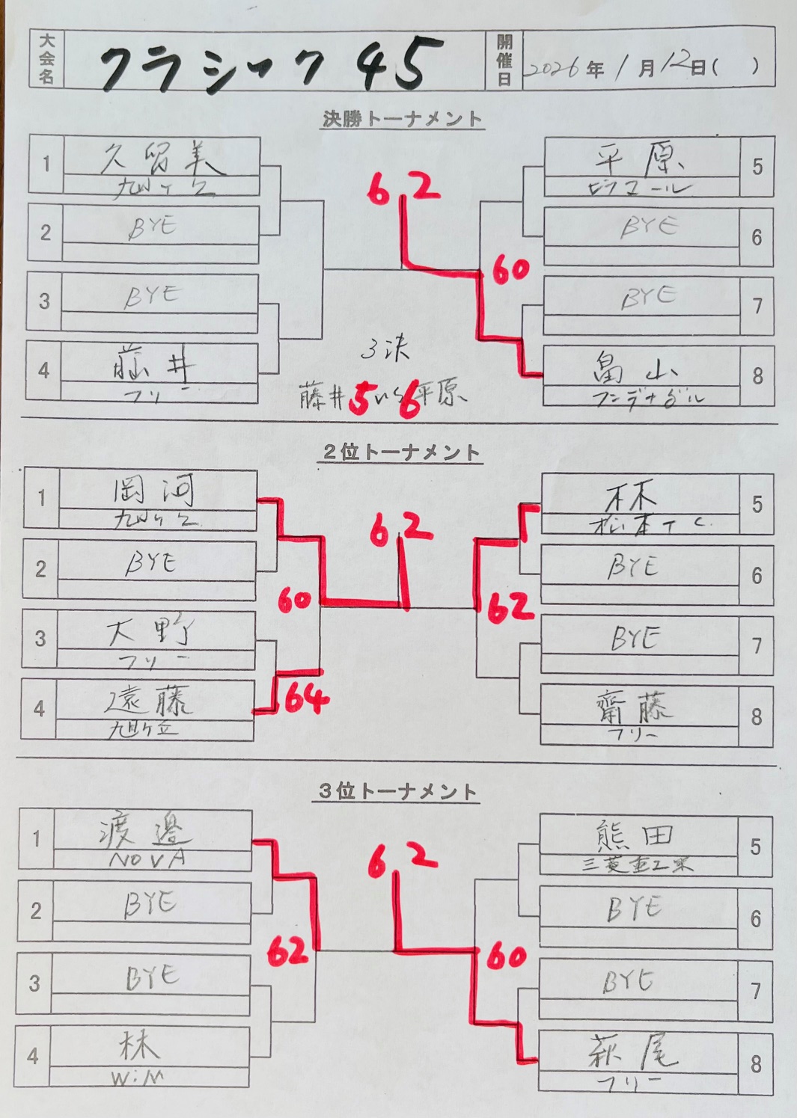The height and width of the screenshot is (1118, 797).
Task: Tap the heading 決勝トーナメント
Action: click(402, 119)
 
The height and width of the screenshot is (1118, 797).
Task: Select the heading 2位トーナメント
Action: click(400, 452)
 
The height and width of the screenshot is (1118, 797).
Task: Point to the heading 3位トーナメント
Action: click(397, 791)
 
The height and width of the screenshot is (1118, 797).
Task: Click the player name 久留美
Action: click(161, 158)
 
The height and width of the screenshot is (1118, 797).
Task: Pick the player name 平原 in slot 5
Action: click(640, 159)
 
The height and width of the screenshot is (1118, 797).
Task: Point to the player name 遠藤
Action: click(150, 701)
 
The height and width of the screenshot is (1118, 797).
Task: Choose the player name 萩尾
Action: click(633, 1052)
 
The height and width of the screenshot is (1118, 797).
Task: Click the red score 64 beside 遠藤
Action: click(306, 698)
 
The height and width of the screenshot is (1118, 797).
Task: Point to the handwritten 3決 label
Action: click(385, 349)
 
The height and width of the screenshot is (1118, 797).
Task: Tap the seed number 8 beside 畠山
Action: click(757, 375)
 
